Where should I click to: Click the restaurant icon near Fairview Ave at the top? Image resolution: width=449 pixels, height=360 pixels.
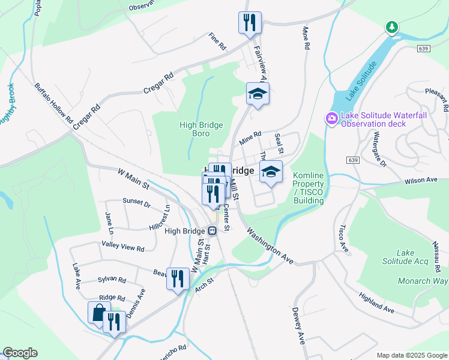click(x=248, y=23)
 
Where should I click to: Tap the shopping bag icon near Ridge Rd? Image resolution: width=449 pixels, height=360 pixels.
click(x=98, y=313)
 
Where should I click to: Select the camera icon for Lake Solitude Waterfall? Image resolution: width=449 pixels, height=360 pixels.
click(x=331, y=119)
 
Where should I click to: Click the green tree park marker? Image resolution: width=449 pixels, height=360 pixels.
click(x=391, y=27)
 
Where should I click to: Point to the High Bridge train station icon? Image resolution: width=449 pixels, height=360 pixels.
click(x=211, y=231)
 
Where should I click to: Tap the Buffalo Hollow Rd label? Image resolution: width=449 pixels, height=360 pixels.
click(x=53, y=103)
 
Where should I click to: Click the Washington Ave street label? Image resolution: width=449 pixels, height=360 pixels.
click(x=270, y=245)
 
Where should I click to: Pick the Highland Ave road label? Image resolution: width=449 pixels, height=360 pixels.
click(x=376, y=303)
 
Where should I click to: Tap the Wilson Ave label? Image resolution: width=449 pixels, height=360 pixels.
click(x=421, y=181)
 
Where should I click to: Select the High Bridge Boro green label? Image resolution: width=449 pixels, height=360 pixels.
click(x=201, y=130)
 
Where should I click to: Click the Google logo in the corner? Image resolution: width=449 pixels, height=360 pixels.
click(x=20, y=353)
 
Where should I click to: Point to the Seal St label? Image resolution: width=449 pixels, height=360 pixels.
click(x=279, y=143)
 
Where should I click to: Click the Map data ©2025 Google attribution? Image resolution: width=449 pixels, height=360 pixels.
click(x=411, y=355)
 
